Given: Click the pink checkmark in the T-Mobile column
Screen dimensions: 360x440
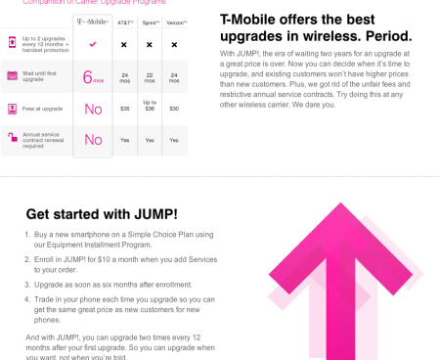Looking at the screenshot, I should tap(93, 44).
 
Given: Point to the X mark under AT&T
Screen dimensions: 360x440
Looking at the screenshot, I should tap(124, 45).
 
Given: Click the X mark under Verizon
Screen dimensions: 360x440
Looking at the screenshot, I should tap(174, 45).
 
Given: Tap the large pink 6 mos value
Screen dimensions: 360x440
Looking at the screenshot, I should tap(93, 76).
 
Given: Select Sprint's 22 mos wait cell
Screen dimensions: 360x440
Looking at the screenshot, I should tap(150, 76).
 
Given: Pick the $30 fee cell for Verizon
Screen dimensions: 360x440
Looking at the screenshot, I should tap(174, 108).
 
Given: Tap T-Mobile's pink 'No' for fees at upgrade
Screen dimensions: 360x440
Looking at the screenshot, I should tap(93, 109).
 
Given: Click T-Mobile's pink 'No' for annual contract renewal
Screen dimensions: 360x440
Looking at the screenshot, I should tap(93, 140).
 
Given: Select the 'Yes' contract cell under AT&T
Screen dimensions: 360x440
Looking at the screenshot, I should tap(124, 140).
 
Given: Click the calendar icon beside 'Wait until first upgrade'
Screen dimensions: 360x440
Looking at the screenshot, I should tap(11, 75).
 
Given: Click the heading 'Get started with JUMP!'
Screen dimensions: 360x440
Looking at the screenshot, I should tap(101, 214).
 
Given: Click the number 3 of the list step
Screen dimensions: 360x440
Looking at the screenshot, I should tap(27, 284).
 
